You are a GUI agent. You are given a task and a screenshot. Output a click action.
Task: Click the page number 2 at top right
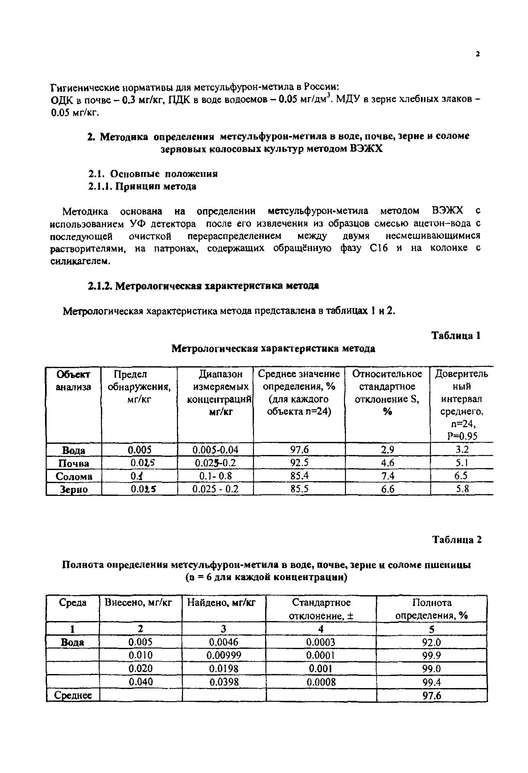[x=478, y=54]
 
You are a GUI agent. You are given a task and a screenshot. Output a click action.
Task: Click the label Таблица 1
[x=456, y=336]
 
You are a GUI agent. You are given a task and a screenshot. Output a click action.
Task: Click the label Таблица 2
[x=456, y=540]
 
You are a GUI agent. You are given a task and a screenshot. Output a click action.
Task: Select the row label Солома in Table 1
[x=74, y=476]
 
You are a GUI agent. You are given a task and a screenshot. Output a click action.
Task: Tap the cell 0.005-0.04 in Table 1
[x=215, y=450]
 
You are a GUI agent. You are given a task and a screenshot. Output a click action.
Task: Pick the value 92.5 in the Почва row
[x=299, y=463]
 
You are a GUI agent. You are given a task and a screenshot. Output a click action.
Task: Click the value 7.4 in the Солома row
[x=387, y=476]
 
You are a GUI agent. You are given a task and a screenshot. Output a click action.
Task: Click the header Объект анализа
[x=73, y=381]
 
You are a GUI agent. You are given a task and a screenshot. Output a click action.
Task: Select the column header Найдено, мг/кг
[x=221, y=603]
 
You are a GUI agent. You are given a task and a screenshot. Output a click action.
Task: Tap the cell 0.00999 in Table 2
[x=224, y=656]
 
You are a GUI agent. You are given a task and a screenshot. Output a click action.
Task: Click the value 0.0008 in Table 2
[x=321, y=682]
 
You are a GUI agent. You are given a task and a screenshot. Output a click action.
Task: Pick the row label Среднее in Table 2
[x=73, y=695]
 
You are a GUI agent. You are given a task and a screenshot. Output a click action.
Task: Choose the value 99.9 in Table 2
[x=431, y=656]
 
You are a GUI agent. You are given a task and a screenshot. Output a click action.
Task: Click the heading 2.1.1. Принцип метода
[x=142, y=186]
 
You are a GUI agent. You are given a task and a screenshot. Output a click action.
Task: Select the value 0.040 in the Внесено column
[x=141, y=682]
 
